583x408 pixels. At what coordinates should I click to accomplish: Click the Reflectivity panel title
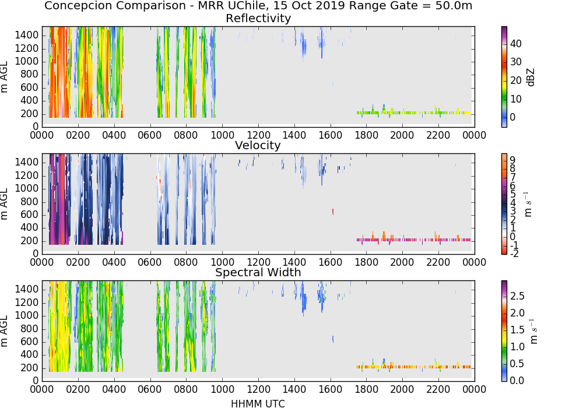pyautogui.click(x=258, y=18)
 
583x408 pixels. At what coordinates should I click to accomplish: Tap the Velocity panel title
pyautogui.click(x=258, y=145)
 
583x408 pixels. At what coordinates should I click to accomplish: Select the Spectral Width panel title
pyautogui.click(x=258, y=272)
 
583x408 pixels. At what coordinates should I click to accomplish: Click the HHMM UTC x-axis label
pyautogui.click(x=258, y=403)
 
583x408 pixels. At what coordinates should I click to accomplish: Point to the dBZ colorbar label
pyautogui.click(x=531, y=78)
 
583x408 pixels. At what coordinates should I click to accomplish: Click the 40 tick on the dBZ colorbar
pyautogui.click(x=516, y=44)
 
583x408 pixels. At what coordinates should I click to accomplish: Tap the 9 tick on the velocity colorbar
pyautogui.click(x=512, y=160)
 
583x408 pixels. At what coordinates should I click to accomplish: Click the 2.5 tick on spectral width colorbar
pyautogui.click(x=517, y=296)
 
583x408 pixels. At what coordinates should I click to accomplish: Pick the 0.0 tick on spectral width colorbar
pyautogui.click(x=517, y=380)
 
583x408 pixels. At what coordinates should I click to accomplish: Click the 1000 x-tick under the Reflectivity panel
pyautogui.click(x=222, y=135)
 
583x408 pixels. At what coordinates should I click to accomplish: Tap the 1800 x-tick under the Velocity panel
pyautogui.click(x=366, y=262)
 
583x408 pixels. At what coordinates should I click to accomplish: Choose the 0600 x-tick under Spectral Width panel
pyautogui.click(x=150, y=389)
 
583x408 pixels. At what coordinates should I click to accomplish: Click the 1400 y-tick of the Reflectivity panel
pyautogui.click(x=27, y=36)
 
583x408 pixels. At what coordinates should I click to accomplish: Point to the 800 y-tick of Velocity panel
pyautogui.click(x=30, y=202)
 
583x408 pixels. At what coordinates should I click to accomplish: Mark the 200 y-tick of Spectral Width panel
pyautogui.click(x=30, y=368)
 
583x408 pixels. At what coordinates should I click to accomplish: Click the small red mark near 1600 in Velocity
pyautogui.click(x=333, y=212)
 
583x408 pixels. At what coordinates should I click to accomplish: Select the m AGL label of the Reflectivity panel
pyautogui.click(x=4, y=77)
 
